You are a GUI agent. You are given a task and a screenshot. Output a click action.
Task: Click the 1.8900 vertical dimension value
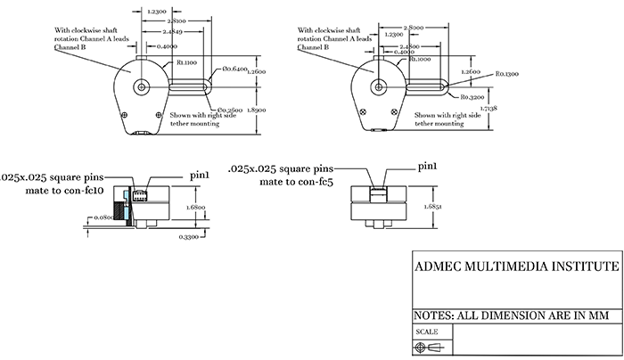coord(257,105)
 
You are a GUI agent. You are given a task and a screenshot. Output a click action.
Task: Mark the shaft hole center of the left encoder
coord(143,87)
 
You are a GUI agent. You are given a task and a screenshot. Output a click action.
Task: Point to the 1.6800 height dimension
coord(196,206)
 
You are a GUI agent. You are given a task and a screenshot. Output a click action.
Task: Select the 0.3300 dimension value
coord(189,236)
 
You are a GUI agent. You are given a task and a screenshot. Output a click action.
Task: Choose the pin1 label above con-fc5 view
coord(430,167)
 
